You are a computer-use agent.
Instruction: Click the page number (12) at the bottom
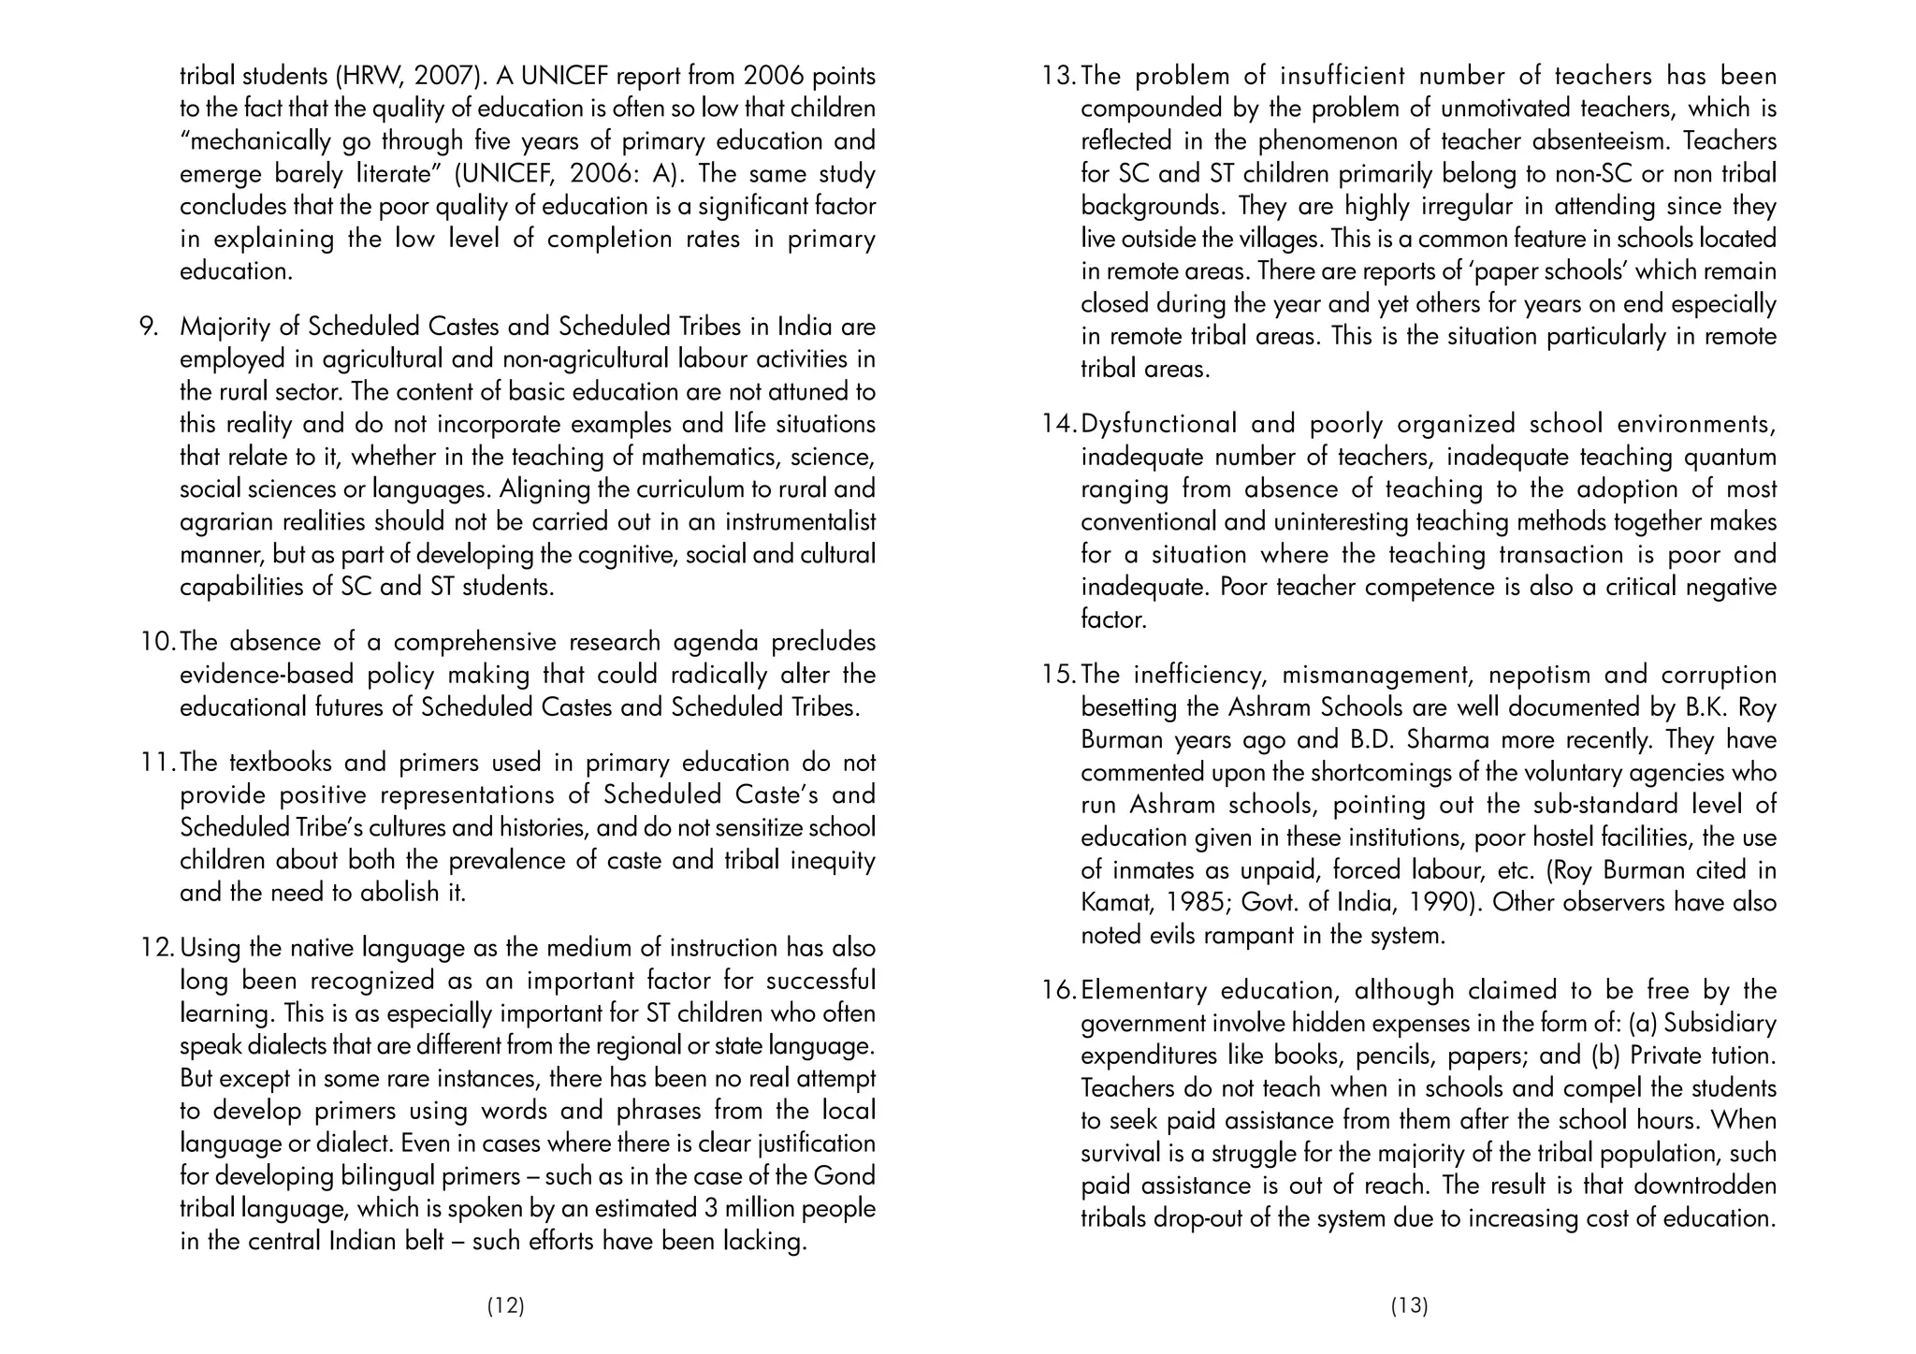point(505,1306)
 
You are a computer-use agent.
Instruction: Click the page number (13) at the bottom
point(1409,1306)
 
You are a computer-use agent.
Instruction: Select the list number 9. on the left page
point(149,327)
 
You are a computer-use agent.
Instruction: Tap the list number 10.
point(158,642)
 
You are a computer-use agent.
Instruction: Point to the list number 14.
point(1060,424)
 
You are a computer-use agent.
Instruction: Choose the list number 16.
point(1060,990)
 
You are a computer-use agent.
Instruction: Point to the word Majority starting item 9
point(224,327)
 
